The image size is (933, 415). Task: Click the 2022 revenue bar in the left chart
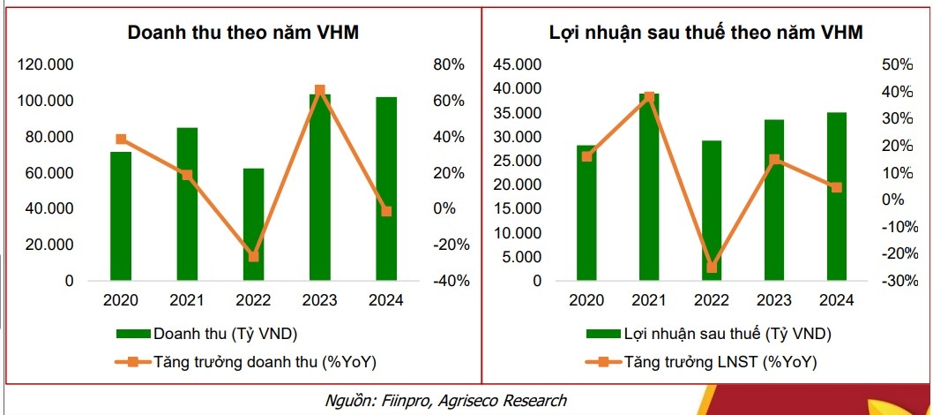[254, 224]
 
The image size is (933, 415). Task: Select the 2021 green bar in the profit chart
[649, 187]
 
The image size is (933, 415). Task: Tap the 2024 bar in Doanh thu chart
[386, 189]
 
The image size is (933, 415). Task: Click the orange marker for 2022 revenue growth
[254, 257]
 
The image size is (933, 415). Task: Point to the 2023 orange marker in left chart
[320, 90]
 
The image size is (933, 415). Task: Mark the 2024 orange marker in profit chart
[836, 187]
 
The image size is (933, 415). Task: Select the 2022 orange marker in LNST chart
[712, 268]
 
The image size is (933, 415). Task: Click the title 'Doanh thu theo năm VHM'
[243, 33]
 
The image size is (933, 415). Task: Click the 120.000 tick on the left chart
[45, 65]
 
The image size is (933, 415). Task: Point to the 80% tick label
[448, 65]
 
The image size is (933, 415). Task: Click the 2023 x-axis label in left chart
[320, 300]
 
